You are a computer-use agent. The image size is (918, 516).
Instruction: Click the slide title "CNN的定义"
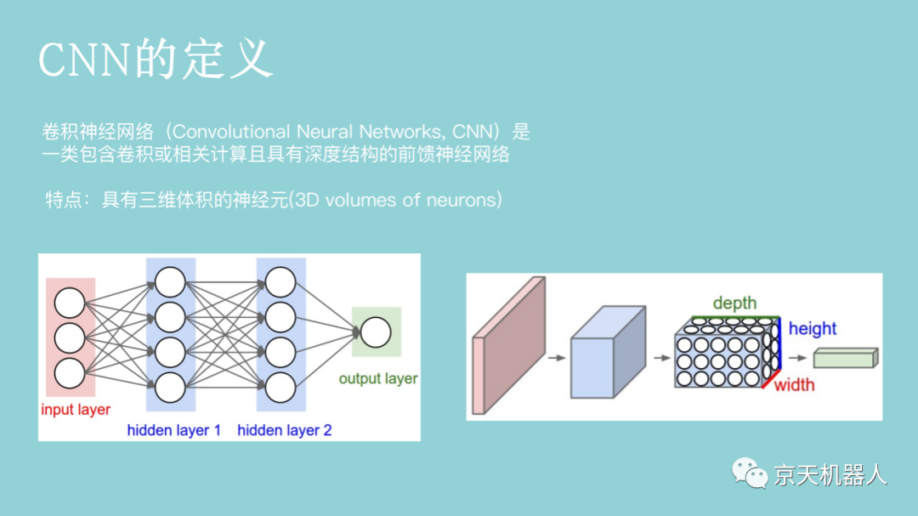[156, 60]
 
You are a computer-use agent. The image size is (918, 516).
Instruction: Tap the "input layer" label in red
[76, 410]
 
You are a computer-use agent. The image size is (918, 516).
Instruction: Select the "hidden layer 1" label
[173, 430]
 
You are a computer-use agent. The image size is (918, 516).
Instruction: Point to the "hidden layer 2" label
[285, 430]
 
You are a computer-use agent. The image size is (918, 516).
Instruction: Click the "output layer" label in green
[378, 378]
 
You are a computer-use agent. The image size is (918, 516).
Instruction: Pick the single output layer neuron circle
[376, 332]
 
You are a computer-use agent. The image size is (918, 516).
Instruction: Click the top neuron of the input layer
[70, 303]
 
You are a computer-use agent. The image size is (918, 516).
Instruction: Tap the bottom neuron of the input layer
[70, 372]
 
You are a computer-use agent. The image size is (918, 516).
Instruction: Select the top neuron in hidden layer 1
[170, 281]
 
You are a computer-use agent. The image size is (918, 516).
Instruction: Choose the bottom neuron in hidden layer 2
[280, 387]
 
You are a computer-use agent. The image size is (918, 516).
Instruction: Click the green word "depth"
[734, 303]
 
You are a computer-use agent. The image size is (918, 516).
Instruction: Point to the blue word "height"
[813, 329]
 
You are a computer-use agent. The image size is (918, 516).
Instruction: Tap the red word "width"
[794, 385]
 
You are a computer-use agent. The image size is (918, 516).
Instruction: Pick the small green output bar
[844, 358]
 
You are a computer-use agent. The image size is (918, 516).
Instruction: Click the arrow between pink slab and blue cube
[556, 358]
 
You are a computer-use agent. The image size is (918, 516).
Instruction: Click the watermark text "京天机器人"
[830, 475]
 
